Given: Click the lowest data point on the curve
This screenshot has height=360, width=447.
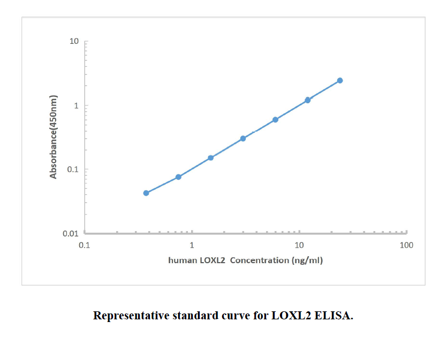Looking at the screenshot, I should coord(146,193).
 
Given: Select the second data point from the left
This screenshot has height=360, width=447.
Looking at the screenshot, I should coord(178,177).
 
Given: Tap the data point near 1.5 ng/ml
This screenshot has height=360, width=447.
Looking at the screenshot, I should coord(211,158).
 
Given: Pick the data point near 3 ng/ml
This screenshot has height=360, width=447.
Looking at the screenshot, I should coord(243,139).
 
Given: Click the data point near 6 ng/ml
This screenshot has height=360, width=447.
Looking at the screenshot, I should coord(275,120).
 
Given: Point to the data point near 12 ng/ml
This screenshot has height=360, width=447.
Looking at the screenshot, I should coord(308,100).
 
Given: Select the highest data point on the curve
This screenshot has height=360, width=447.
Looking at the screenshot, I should coord(340,80).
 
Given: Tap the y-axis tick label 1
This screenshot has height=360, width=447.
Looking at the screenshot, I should coord(77,106).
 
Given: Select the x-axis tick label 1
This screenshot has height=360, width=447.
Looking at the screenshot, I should coord(192,245).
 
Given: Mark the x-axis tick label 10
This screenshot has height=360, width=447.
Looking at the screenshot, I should coord(299,245).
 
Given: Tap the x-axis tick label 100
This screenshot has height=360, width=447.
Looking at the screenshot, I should coord(407,245).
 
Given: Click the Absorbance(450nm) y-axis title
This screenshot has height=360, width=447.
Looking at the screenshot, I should coord(53,137).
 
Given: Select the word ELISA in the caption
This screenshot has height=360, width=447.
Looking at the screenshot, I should coord(335,316).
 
